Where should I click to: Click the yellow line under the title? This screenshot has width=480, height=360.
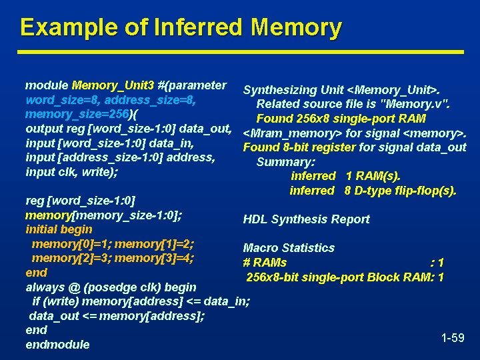click(240, 51)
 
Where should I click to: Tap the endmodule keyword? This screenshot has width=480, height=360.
click(57, 345)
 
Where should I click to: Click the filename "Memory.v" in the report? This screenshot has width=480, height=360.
click(419, 104)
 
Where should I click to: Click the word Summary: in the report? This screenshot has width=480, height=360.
click(286, 162)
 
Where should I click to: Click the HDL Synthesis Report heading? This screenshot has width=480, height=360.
click(306, 219)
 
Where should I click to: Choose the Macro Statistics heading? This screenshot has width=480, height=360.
click(289, 248)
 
